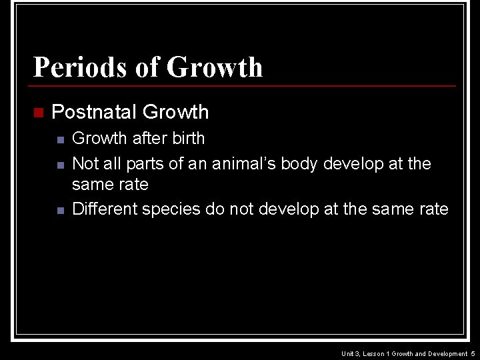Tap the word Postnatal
(94, 112)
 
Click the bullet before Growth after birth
(60, 140)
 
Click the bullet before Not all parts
(60, 165)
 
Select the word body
(299, 163)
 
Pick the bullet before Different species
(60, 210)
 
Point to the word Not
(85, 163)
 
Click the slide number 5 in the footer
(472, 353)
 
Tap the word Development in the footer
(447, 353)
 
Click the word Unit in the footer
(347, 353)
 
